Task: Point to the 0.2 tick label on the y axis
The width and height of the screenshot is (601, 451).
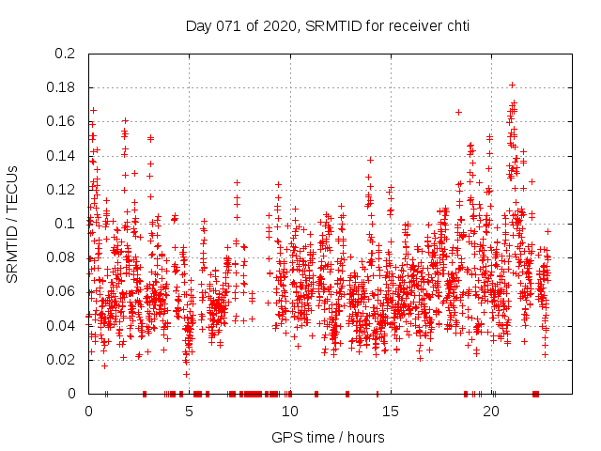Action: tap(65, 54)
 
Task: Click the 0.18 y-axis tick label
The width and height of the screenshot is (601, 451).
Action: tap(62, 87)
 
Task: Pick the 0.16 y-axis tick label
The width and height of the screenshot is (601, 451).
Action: tap(62, 121)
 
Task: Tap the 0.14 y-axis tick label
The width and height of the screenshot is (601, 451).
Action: tap(62, 155)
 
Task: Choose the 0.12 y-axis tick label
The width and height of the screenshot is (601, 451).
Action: tap(62, 189)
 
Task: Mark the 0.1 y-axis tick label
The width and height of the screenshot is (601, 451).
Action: tap(65, 224)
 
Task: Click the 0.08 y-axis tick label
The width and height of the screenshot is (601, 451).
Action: tap(62, 257)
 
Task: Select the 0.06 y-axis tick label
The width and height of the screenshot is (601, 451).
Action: tap(62, 291)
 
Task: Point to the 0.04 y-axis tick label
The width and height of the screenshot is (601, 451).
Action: tap(62, 325)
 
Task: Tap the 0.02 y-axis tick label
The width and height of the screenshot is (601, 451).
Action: tap(62, 359)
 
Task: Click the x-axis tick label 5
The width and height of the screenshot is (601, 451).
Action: tap(189, 412)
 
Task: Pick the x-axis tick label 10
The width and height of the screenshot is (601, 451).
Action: tap(289, 412)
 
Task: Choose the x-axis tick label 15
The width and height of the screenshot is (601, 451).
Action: tap(390, 412)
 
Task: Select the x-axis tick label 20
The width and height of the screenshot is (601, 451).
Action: tap(490, 412)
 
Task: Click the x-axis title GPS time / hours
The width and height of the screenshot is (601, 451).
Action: tap(328, 437)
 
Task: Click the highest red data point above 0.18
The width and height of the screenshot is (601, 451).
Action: tap(512, 85)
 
